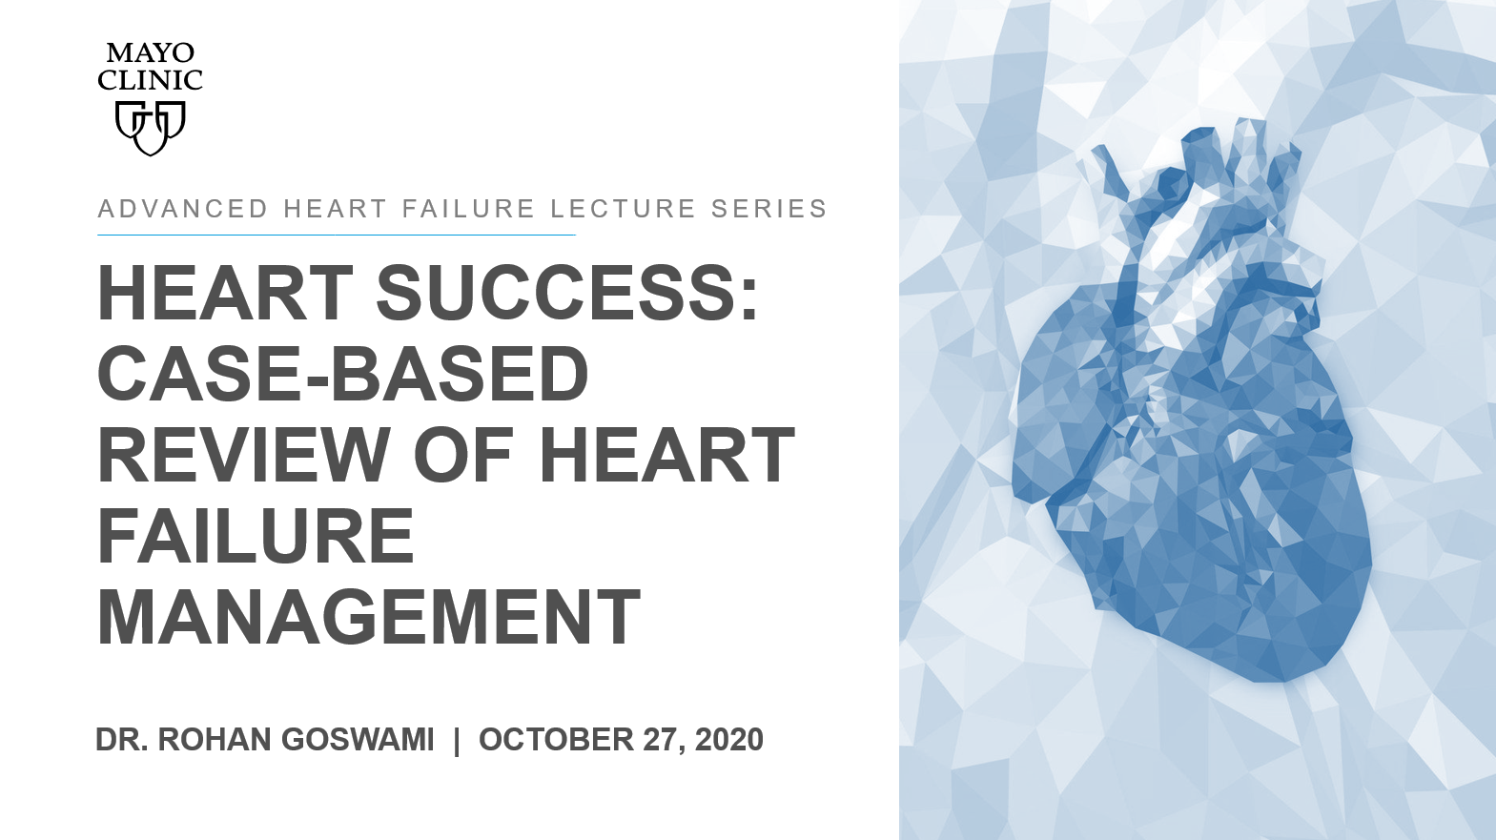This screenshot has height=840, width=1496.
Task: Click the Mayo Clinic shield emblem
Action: point(151,128)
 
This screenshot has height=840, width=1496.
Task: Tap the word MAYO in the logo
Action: point(151,52)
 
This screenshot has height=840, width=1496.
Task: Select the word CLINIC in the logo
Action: point(151,80)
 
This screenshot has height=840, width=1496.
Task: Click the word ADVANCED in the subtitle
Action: point(183,209)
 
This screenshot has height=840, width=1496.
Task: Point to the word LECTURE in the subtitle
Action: point(624,209)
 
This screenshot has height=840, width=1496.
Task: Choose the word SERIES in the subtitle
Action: point(769,209)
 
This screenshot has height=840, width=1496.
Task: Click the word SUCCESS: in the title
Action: point(567,293)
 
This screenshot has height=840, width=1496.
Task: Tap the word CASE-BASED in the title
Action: point(343,373)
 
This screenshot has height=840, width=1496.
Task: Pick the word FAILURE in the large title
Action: point(256,535)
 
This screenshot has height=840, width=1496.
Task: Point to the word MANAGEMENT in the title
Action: point(369,616)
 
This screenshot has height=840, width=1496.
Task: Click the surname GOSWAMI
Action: point(358,740)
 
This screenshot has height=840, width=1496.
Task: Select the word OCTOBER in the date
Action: point(556,740)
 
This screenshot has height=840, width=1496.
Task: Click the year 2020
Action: point(729,740)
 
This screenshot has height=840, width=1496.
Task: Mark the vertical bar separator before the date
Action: point(457,741)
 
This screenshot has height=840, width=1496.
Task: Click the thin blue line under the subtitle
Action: point(337,236)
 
